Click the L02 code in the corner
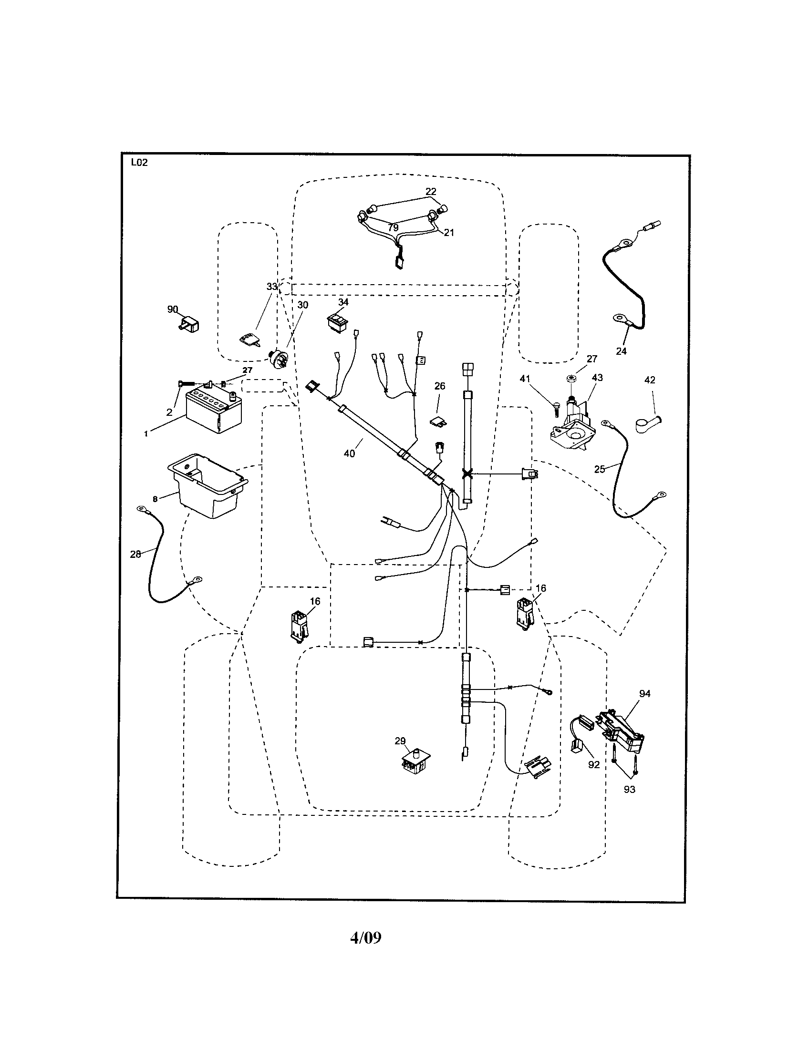click(x=139, y=163)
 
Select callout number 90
click(x=173, y=309)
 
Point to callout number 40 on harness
click(x=349, y=453)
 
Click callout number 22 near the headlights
click(x=431, y=192)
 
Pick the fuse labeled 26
click(x=437, y=421)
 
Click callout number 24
click(x=621, y=351)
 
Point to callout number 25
click(x=600, y=469)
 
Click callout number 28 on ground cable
click(x=135, y=554)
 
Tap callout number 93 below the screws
click(x=629, y=790)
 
